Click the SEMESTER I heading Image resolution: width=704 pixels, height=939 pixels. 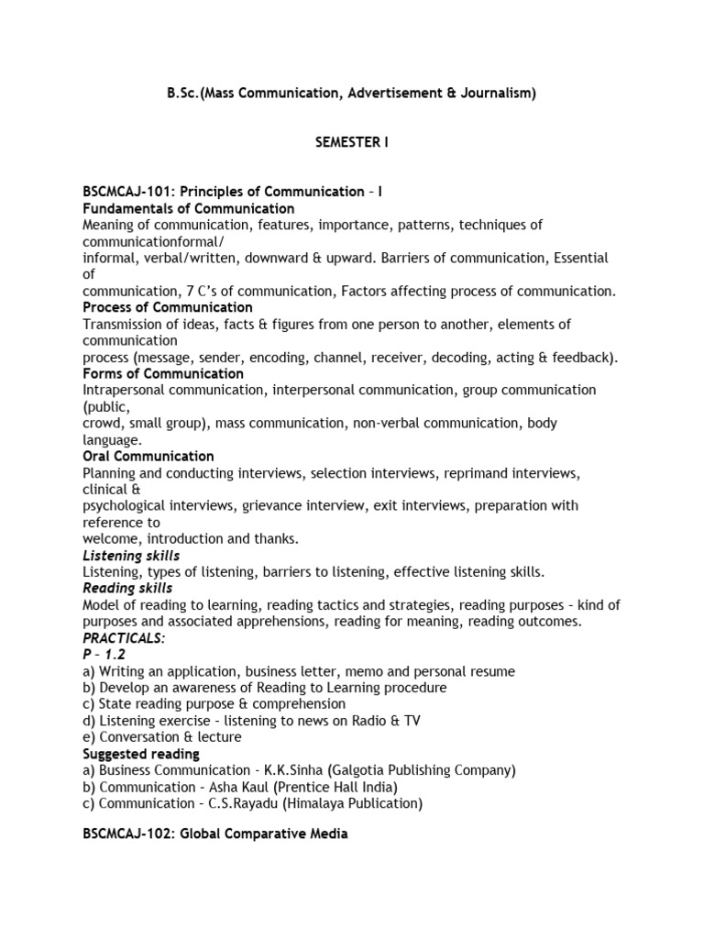point(351,142)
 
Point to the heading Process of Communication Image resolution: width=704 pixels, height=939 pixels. point(167,307)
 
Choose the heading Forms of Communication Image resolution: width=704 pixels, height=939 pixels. point(162,373)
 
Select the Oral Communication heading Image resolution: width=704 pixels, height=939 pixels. point(148,456)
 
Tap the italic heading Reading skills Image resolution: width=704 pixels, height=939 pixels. point(127,588)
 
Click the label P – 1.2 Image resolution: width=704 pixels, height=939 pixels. point(103,655)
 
